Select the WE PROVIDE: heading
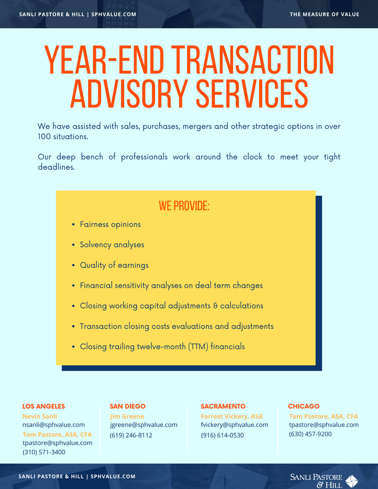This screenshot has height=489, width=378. pyautogui.click(x=184, y=206)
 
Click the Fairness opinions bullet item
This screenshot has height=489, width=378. pyautogui.click(x=110, y=224)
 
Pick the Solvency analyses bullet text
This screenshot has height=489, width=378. pyautogui.click(x=112, y=244)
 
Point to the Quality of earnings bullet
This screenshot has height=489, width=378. pyautogui.click(x=114, y=265)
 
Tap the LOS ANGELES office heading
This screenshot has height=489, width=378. pyautogui.click(x=44, y=406)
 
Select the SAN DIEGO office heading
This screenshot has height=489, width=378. pyautogui.click(x=127, y=406)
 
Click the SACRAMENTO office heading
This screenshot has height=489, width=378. pyautogui.click(x=223, y=406)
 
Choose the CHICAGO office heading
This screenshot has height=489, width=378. pyautogui.click(x=304, y=406)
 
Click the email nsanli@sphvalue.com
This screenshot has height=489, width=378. pyautogui.click(x=53, y=425)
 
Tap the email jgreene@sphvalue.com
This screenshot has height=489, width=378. pyautogui.click(x=143, y=425)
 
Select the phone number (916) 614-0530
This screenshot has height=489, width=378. pyautogui.click(x=222, y=435)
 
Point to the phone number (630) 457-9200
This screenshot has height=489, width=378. pyautogui.click(x=310, y=434)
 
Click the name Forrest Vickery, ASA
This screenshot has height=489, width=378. pyautogui.click(x=232, y=417)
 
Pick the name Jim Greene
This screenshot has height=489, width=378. pyautogui.click(x=127, y=417)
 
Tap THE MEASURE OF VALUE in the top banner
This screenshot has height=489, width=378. pyautogui.click(x=324, y=14)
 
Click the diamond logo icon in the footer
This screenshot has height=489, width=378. pyautogui.click(x=352, y=481)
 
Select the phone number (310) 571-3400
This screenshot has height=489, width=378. pyautogui.click(x=44, y=452)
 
